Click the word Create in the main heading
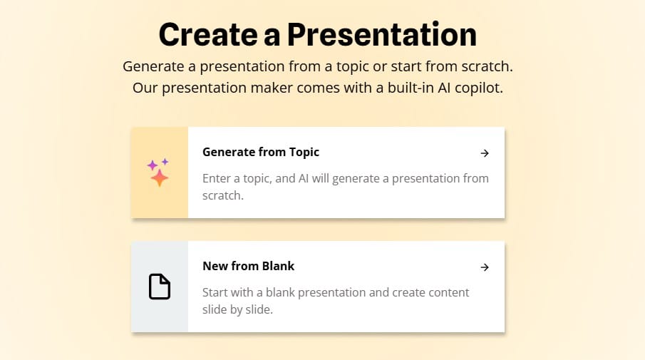(208, 34)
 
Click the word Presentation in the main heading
(382, 34)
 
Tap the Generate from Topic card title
(261, 153)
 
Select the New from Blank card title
(249, 266)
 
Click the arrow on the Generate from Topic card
(485, 153)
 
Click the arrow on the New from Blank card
(485, 267)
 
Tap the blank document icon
(160, 287)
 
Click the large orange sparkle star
(159, 178)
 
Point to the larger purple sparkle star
(153, 165)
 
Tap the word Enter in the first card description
(217, 178)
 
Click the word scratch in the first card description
(223, 195)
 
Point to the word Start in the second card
(217, 292)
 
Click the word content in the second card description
(449, 292)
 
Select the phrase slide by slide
(238, 309)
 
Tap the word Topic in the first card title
(304, 153)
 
